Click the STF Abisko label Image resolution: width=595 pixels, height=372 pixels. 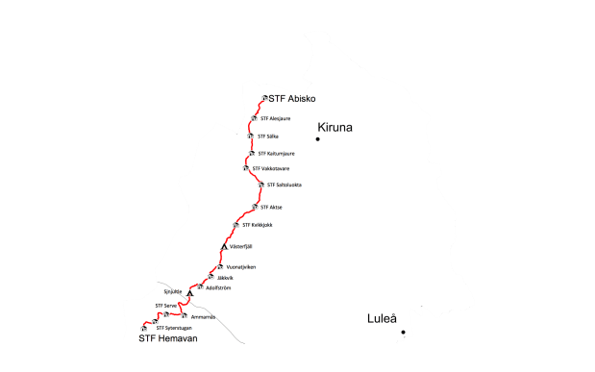click(x=292, y=99)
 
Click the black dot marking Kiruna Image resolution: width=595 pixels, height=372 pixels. click(x=316, y=140)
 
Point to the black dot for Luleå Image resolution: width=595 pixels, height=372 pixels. click(x=404, y=333)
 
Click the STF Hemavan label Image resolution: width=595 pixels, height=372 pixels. click(x=167, y=338)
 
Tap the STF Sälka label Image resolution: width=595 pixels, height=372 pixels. click(x=268, y=136)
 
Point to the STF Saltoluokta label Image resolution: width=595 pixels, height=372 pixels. click(x=284, y=185)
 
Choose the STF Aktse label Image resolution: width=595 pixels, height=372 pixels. click(x=272, y=208)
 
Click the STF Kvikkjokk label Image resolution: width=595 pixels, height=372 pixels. click(x=258, y=225)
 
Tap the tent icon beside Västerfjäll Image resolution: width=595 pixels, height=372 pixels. click(x=223, y=247)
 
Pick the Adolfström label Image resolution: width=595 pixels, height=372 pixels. click(x=218, y=287)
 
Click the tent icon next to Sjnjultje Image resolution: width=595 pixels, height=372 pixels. click(x=190, y=293)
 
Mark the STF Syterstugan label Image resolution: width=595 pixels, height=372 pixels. click(x=175, y=327)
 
